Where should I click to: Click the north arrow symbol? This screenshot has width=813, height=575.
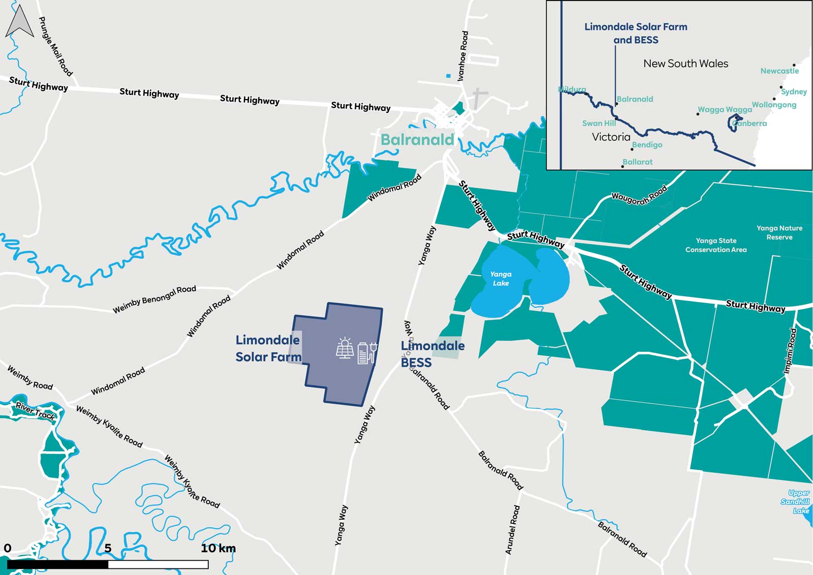tap(19, 22)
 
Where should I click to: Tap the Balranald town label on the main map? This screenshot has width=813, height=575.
tap(417, 140)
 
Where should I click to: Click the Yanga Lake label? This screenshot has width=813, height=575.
tap(501, 279)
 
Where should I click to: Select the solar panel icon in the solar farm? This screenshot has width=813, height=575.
tap(345, 349)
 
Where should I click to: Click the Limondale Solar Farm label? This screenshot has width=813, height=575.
tap(268, 348)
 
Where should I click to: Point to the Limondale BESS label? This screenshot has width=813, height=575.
tap(432, 354)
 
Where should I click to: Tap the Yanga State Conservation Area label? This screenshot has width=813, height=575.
tap(716, 245)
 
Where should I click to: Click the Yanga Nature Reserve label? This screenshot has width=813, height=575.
tap(779, 233)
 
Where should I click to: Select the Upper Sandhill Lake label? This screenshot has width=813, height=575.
tap(796, 501)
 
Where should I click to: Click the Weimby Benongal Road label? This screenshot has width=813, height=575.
tap(154, 299)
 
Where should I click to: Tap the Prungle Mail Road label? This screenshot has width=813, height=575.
tap(56, 46)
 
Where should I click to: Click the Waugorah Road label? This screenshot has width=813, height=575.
tap(639, 196)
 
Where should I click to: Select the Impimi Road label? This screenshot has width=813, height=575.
tap(790, 351)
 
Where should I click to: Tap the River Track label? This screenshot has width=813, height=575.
tap(35, 410)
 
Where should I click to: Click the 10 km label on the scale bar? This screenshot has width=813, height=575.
tap(218, 548)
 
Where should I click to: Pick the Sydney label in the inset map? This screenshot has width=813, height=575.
tap(794, 92)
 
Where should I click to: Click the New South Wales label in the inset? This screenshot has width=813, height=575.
tap(685, 64)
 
